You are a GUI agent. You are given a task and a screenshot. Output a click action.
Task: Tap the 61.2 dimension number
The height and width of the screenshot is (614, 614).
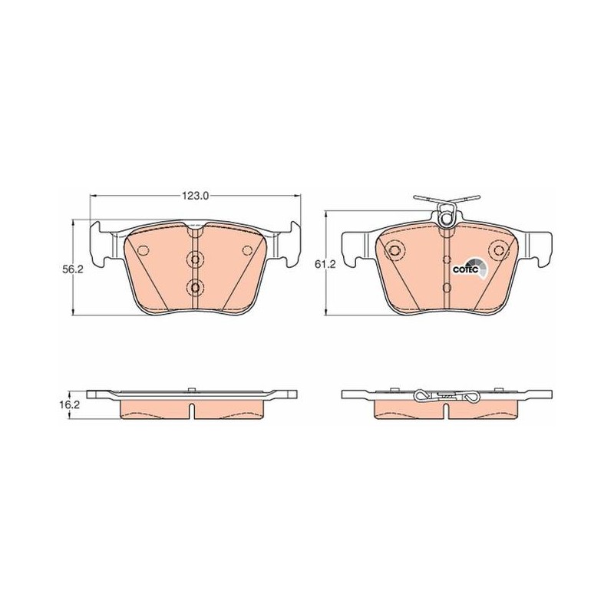[325, 265]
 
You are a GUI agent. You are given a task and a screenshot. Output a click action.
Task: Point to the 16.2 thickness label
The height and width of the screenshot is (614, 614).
[71, 405]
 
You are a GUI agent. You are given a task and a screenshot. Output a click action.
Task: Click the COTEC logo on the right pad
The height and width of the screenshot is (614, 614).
[470, 267]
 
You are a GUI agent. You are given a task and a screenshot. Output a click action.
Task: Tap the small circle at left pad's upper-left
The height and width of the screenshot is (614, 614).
[144, 250]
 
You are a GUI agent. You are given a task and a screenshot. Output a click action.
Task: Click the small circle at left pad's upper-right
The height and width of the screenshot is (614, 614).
[247, 250]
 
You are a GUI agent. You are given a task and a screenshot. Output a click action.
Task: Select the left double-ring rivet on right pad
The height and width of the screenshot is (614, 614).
[394, 250]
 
